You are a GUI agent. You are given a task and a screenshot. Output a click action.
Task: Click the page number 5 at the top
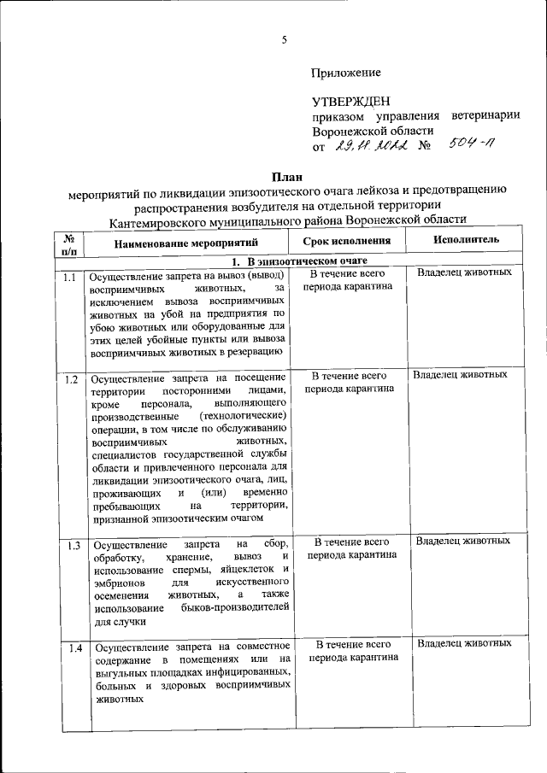tap(284, 38)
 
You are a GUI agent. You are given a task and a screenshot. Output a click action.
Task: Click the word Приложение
tap(346, 73)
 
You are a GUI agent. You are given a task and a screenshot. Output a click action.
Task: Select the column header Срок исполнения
tap(347, 241)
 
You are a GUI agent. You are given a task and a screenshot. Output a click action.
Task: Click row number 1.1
tap(70, 278)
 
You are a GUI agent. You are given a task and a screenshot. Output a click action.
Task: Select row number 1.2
tap(70, 379)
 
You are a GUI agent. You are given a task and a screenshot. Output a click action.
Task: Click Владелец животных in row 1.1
tap(465, 272)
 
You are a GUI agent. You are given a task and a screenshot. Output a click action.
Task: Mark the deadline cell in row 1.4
tap(351, 650)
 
